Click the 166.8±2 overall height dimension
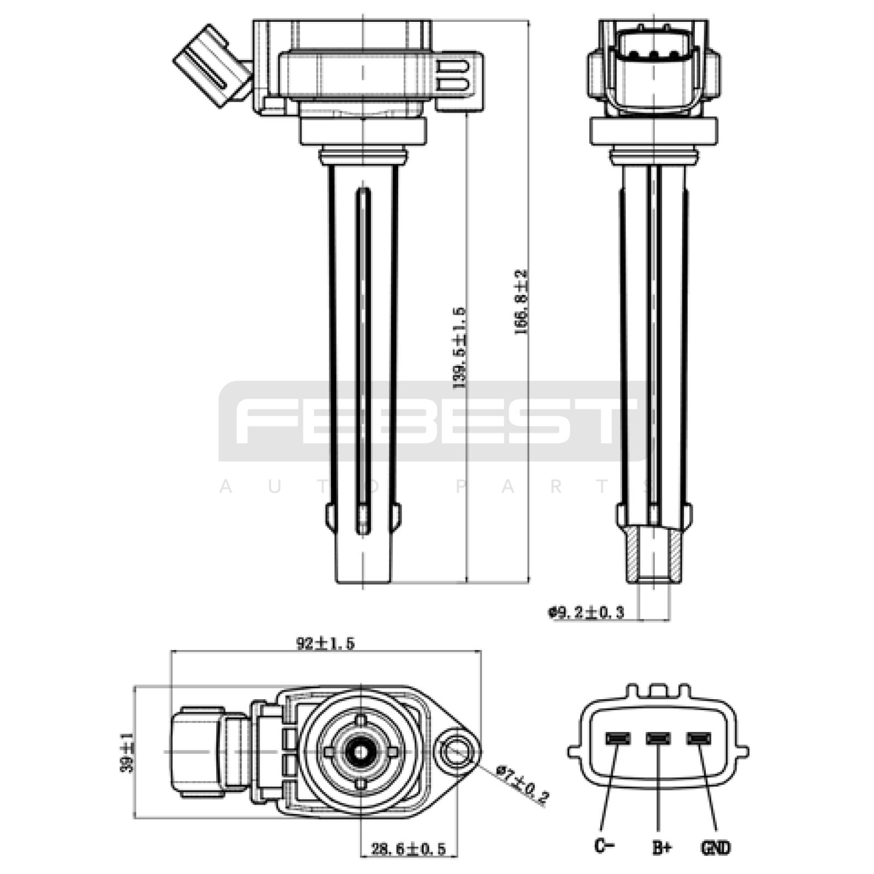click(x=522, y=302)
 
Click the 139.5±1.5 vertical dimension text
click(x=459, y=347)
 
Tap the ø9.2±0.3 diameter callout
click(x=586, y=612)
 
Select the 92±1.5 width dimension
click(x=325, y=643)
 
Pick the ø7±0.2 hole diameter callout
click(x=522, y=784)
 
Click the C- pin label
click(x=605, y=846)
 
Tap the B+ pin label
click(x=662, y=847)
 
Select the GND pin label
click(x=715, y=847)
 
